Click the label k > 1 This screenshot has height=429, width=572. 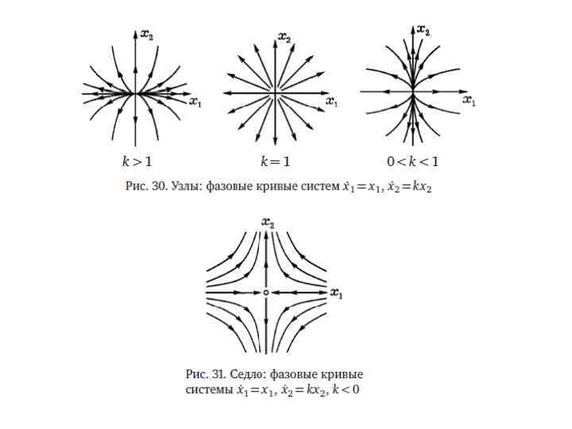137,161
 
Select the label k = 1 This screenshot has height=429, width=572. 276,161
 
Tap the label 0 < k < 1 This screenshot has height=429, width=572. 412,161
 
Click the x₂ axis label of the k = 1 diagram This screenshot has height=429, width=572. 284,37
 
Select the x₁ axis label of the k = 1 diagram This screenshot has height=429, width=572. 332,102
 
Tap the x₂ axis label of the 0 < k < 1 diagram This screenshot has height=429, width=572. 423,31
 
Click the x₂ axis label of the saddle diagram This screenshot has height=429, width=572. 272,225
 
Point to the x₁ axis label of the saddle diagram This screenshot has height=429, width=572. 336,295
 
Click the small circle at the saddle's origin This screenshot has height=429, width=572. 265,293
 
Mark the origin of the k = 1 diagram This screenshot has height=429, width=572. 276,94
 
